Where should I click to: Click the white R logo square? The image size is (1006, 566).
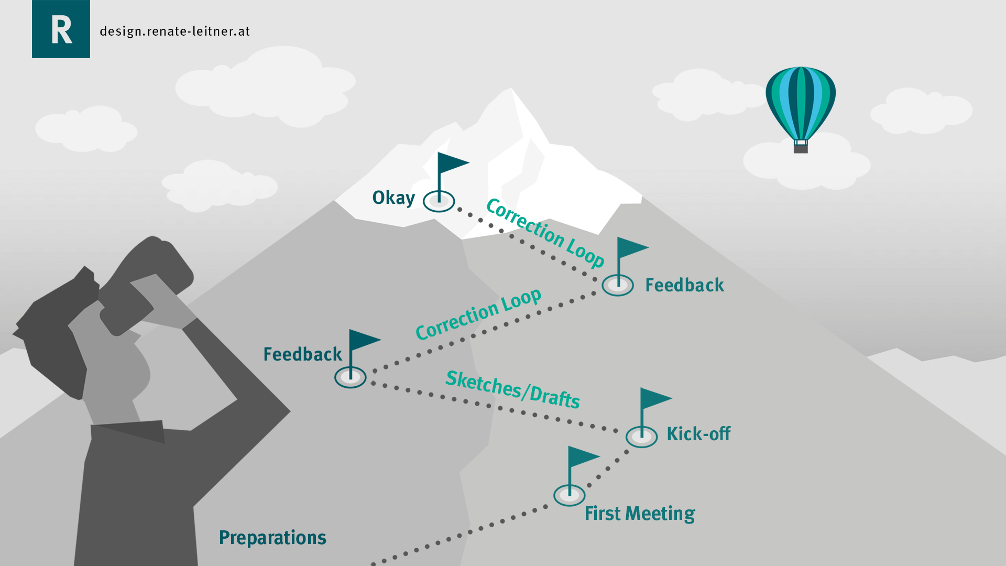(61, 29)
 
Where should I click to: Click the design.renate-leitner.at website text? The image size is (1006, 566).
(174, 31)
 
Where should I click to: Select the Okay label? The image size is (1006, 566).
(393, 198)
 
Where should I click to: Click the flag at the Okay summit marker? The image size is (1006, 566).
(452, 163)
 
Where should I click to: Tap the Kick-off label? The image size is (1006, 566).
(698, 434)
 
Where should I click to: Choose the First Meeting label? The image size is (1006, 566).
(640, 514)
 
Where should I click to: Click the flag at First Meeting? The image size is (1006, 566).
(582, 457)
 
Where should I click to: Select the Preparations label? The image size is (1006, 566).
(272, 538)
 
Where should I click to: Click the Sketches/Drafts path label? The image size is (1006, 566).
(512, 390)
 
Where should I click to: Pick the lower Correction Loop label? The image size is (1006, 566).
(478, 314)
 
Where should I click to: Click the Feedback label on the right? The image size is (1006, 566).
(684, 285)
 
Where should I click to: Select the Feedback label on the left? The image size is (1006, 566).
(302, 354)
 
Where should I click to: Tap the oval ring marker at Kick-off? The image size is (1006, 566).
(641, 437)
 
